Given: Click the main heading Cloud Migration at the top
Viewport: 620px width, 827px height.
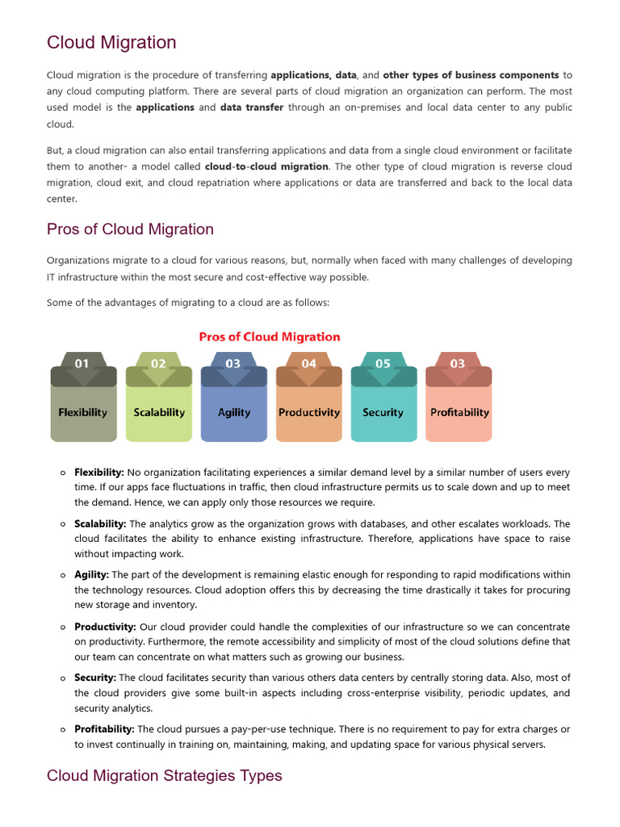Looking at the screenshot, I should point(111,42).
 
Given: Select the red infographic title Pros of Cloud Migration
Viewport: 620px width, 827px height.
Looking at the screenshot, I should point(270,337).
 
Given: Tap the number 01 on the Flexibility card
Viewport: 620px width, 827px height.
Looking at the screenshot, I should point(82,363).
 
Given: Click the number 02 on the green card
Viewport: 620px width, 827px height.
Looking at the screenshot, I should point(158,363).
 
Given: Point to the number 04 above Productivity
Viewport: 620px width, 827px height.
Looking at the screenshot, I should point(309,363).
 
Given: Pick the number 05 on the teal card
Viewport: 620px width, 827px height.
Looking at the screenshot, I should point(383,363).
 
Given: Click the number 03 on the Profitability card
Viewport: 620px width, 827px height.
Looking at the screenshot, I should point(458,363).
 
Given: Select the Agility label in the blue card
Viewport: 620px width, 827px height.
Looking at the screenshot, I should point(234,412).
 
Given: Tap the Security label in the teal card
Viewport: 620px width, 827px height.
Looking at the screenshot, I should point(383,412).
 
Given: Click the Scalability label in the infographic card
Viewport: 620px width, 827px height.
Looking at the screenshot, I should point(159,412).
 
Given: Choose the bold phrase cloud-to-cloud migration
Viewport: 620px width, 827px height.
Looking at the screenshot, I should point(266,166).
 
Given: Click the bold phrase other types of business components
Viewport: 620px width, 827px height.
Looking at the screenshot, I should point(471,75).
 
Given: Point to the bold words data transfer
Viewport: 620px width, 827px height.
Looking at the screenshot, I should point(252,107).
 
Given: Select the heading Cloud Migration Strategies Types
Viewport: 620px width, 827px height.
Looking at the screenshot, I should point(165,775).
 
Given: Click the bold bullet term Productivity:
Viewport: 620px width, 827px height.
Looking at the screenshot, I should point(105,627).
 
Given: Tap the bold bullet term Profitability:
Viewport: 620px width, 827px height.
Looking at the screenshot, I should point(104,729).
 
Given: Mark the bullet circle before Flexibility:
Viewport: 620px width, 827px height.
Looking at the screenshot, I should point(63,472).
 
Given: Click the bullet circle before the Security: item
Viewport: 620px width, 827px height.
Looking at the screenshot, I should point(63,678).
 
